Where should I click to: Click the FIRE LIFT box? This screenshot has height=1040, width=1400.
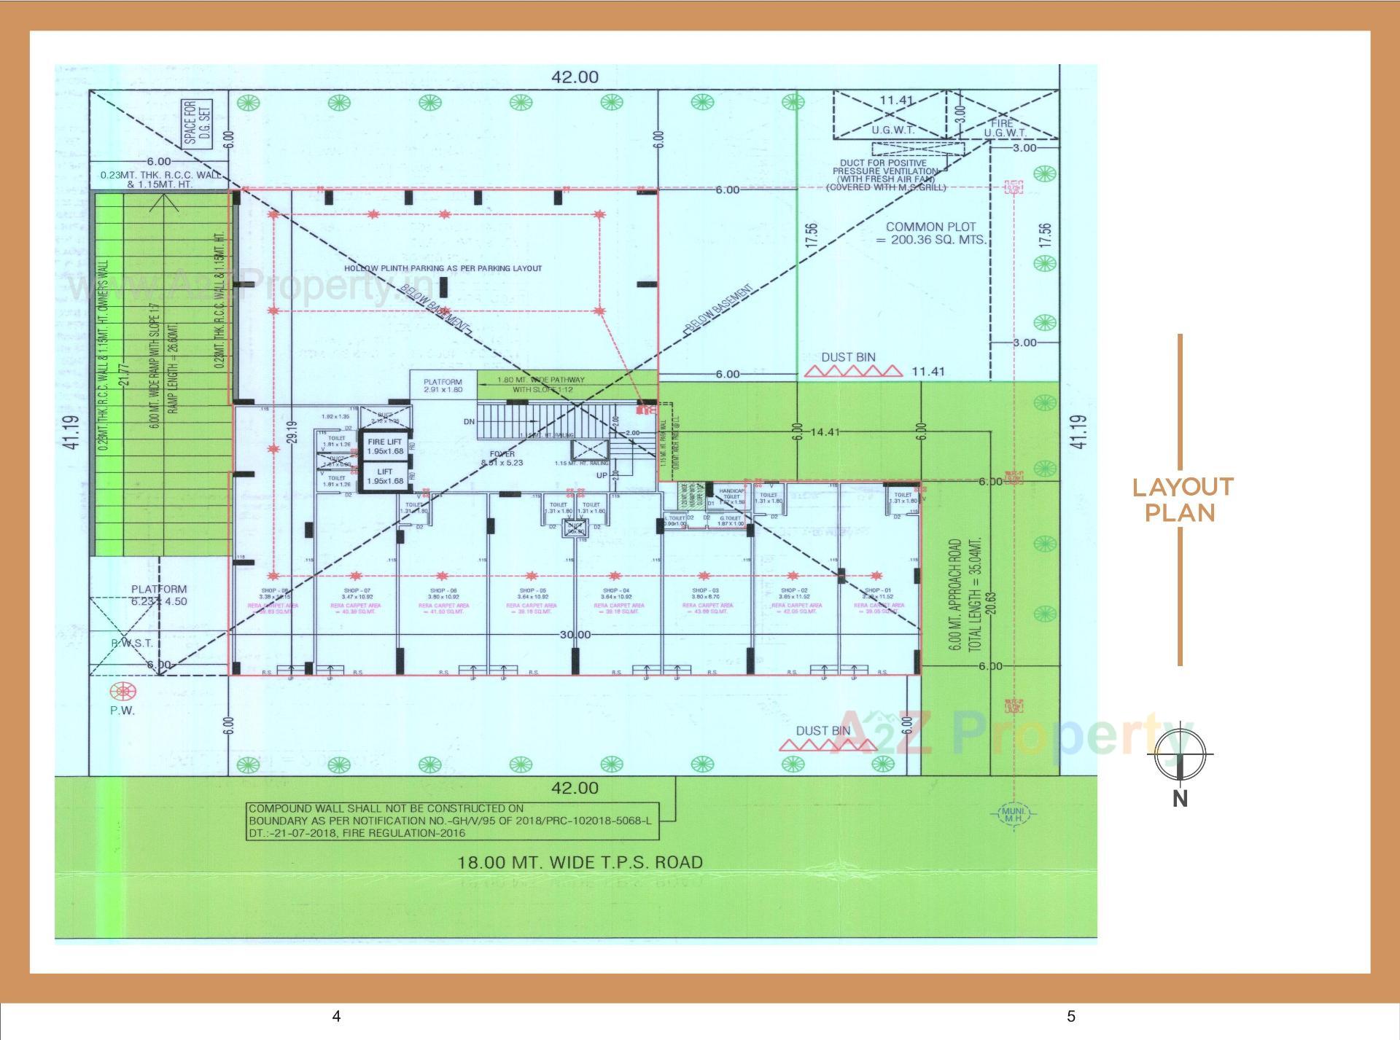click(x=385, y=446)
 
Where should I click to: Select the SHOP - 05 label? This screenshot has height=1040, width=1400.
click(x=532, y=591)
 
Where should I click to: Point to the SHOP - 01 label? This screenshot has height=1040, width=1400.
click(x=877, y=591)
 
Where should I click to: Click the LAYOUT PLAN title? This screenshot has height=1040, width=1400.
click(x=1181, y=500)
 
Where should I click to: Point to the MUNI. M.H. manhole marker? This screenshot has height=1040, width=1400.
click(x=1014, y=814)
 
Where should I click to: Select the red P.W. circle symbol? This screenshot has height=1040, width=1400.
click(x=122, y=691)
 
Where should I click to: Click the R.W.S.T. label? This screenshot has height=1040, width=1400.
click(x=132, y=644)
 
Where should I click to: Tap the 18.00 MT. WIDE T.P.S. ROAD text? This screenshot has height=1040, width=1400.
click(x=580, y=862)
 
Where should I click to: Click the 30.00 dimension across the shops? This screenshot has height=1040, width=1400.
click(x=575, y=635)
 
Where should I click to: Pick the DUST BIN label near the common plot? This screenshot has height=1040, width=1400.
click(x=848, y=357)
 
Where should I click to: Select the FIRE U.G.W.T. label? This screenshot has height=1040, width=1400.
click(x=1005, y=128)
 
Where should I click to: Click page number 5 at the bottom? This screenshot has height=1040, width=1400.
click(x=1070, y=1017)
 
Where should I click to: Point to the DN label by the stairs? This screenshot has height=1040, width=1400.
click(x=469, y=422)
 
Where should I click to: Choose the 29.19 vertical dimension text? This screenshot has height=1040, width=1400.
click(x=292, y=437)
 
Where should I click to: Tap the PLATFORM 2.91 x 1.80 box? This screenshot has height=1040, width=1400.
click(x=443, y=386)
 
